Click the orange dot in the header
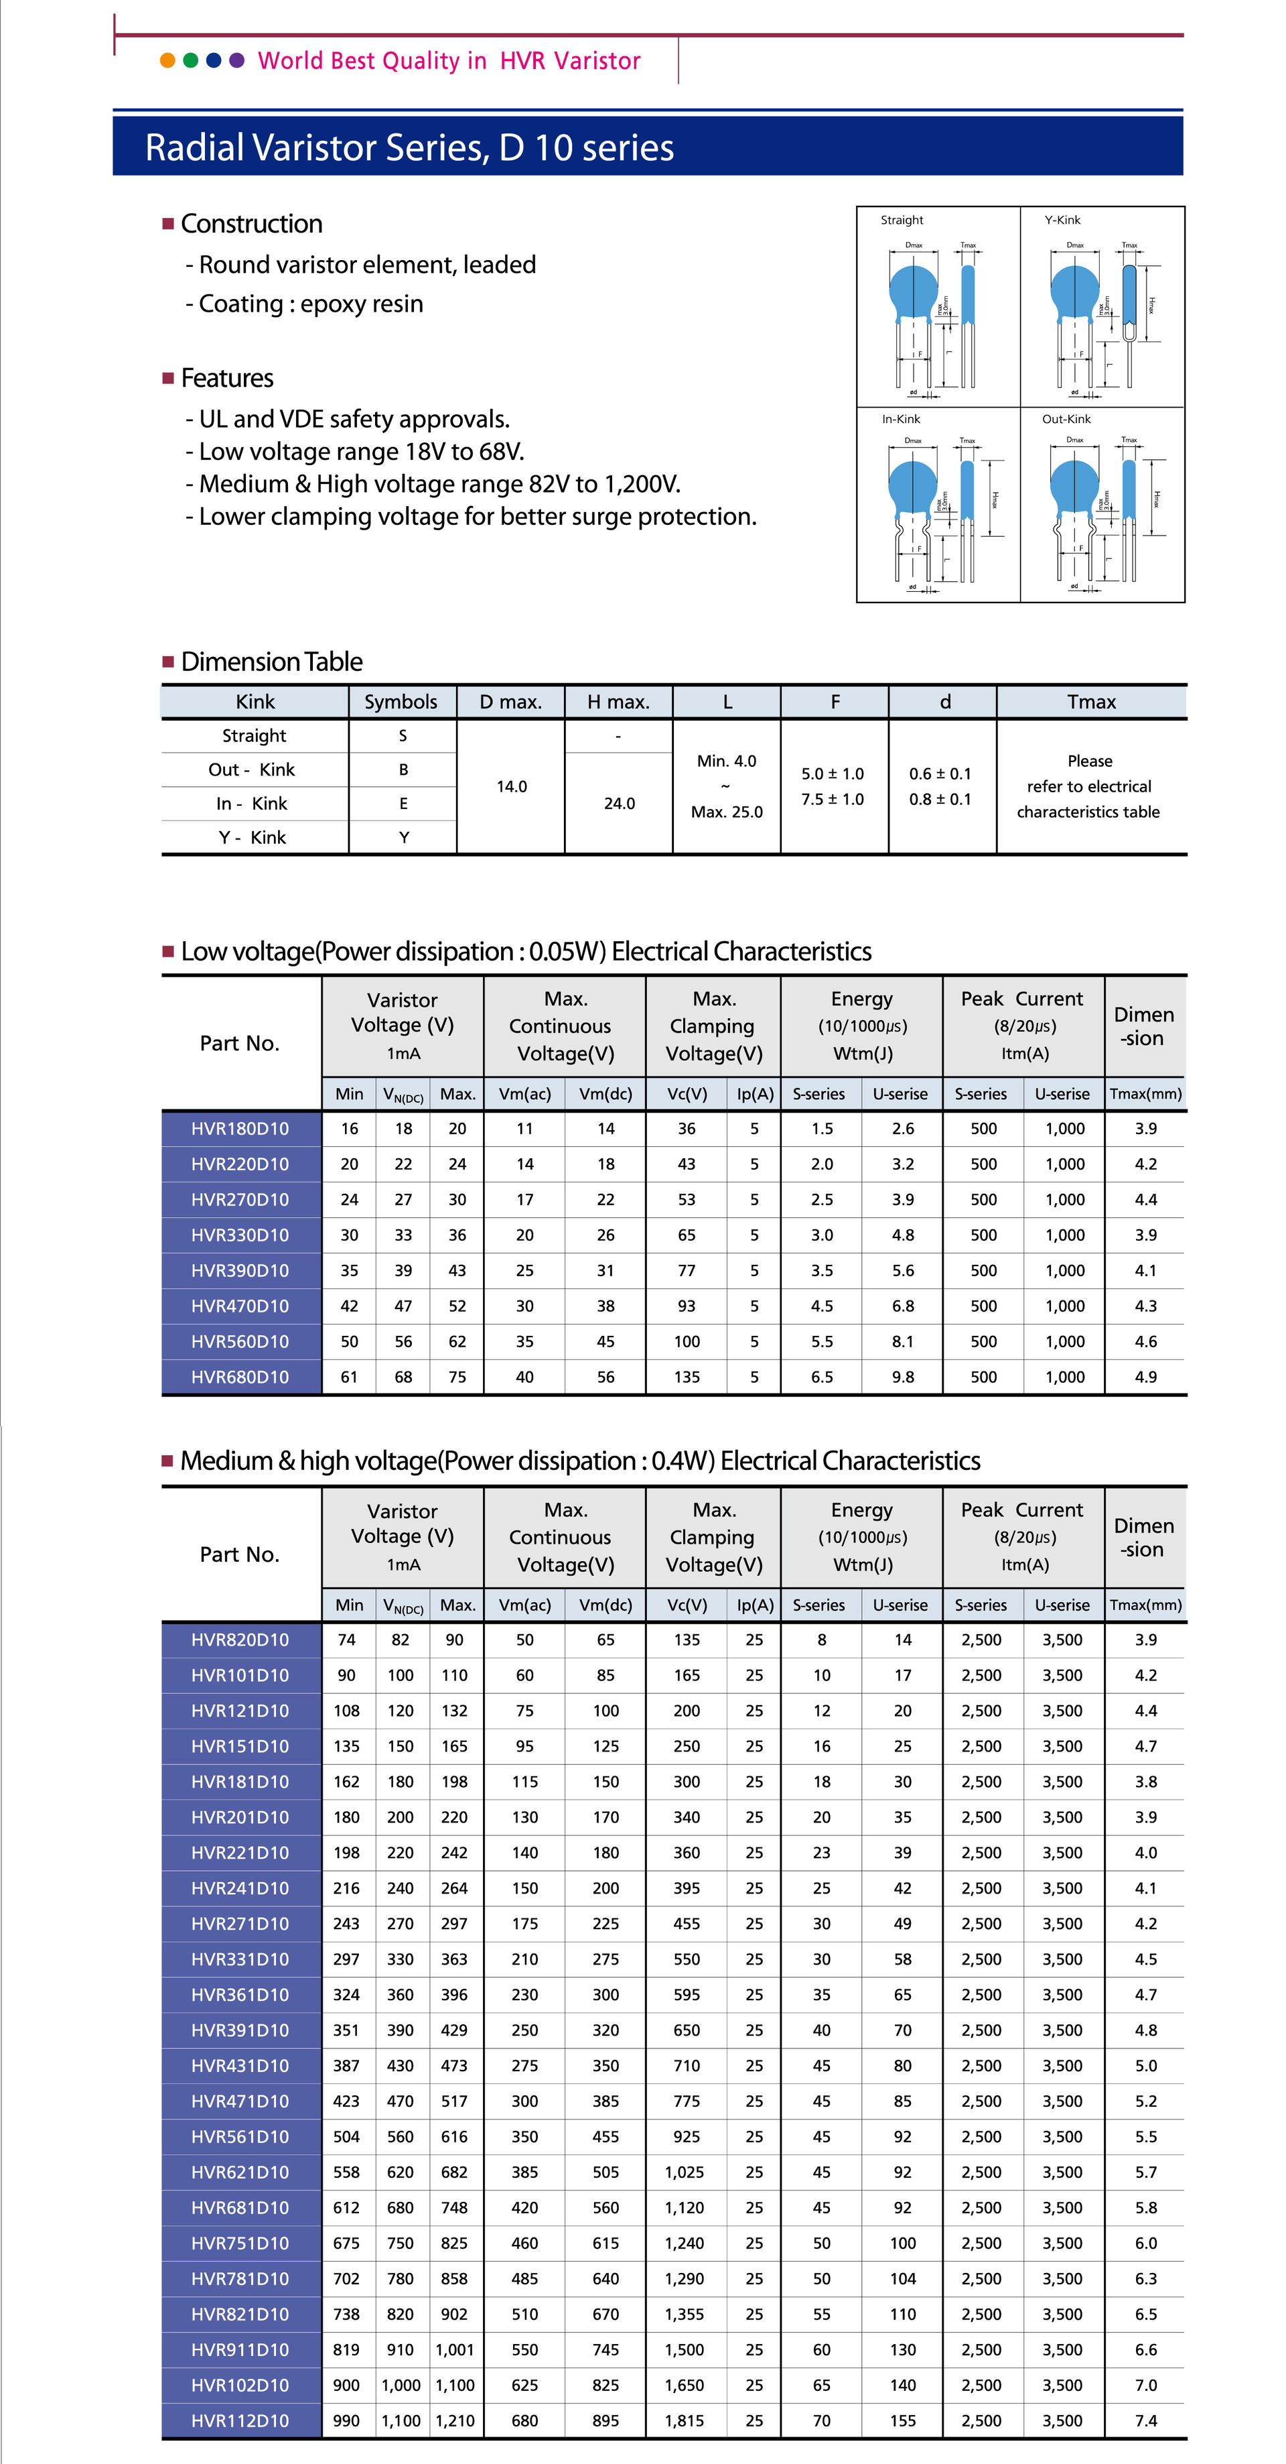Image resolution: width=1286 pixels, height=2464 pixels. (167, 60)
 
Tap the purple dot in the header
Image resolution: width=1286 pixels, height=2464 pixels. (237, 60)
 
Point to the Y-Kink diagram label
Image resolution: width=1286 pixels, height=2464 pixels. (1062, 220)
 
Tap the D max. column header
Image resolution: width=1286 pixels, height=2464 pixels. (510, 702)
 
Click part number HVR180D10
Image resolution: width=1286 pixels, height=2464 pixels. (240, 1129)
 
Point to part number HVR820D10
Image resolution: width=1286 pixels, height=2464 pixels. (240, 1640)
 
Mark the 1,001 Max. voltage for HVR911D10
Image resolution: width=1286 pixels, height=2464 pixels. (455, 2350)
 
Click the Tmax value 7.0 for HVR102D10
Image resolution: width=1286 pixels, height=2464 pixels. (1145, 2386)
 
